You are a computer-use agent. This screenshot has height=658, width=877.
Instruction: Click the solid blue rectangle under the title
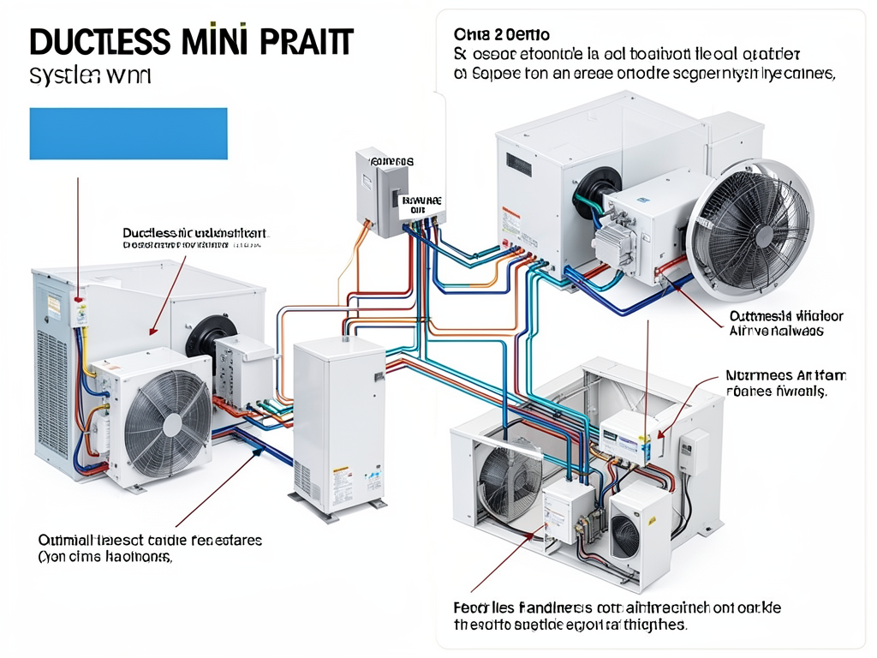(x=128, y=133)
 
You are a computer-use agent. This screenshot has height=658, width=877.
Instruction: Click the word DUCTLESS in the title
(x=95, y=43)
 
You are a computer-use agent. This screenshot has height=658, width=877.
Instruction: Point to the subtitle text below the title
(x=90, y=75)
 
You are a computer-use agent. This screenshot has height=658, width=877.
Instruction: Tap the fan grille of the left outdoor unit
(x=168, y=421)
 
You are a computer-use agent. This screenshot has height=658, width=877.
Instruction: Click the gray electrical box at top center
(x=378, y=192)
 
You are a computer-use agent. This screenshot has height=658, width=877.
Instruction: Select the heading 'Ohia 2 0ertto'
(x=501, y=35)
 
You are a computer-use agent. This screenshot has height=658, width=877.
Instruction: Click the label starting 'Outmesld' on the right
(x=785, y=316)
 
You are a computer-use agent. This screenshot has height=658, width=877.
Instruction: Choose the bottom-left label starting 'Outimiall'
(x=150, y=541)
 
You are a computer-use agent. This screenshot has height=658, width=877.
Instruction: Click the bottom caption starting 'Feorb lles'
(x=617, y=607)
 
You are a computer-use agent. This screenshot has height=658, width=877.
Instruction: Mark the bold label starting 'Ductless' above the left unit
(x=196, y=232)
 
